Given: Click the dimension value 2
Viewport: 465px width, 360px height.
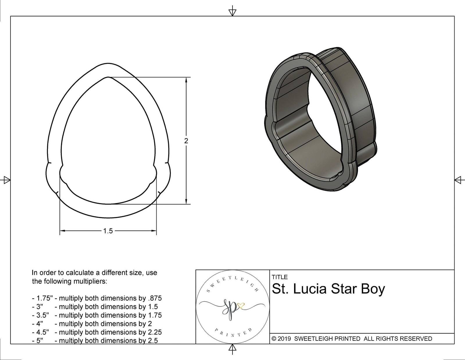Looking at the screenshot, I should (x=186, y=141).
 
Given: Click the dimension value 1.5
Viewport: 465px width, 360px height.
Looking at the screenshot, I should (x=108, y=231).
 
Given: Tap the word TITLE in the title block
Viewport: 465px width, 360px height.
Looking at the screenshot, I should (x=280, y=277).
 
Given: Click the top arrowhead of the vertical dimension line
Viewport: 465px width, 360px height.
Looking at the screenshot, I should (x=186, y=80).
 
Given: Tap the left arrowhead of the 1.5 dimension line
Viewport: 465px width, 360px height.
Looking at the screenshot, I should (x=62, y=231).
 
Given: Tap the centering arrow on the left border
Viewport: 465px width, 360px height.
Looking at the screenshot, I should (x=6, y=180).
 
